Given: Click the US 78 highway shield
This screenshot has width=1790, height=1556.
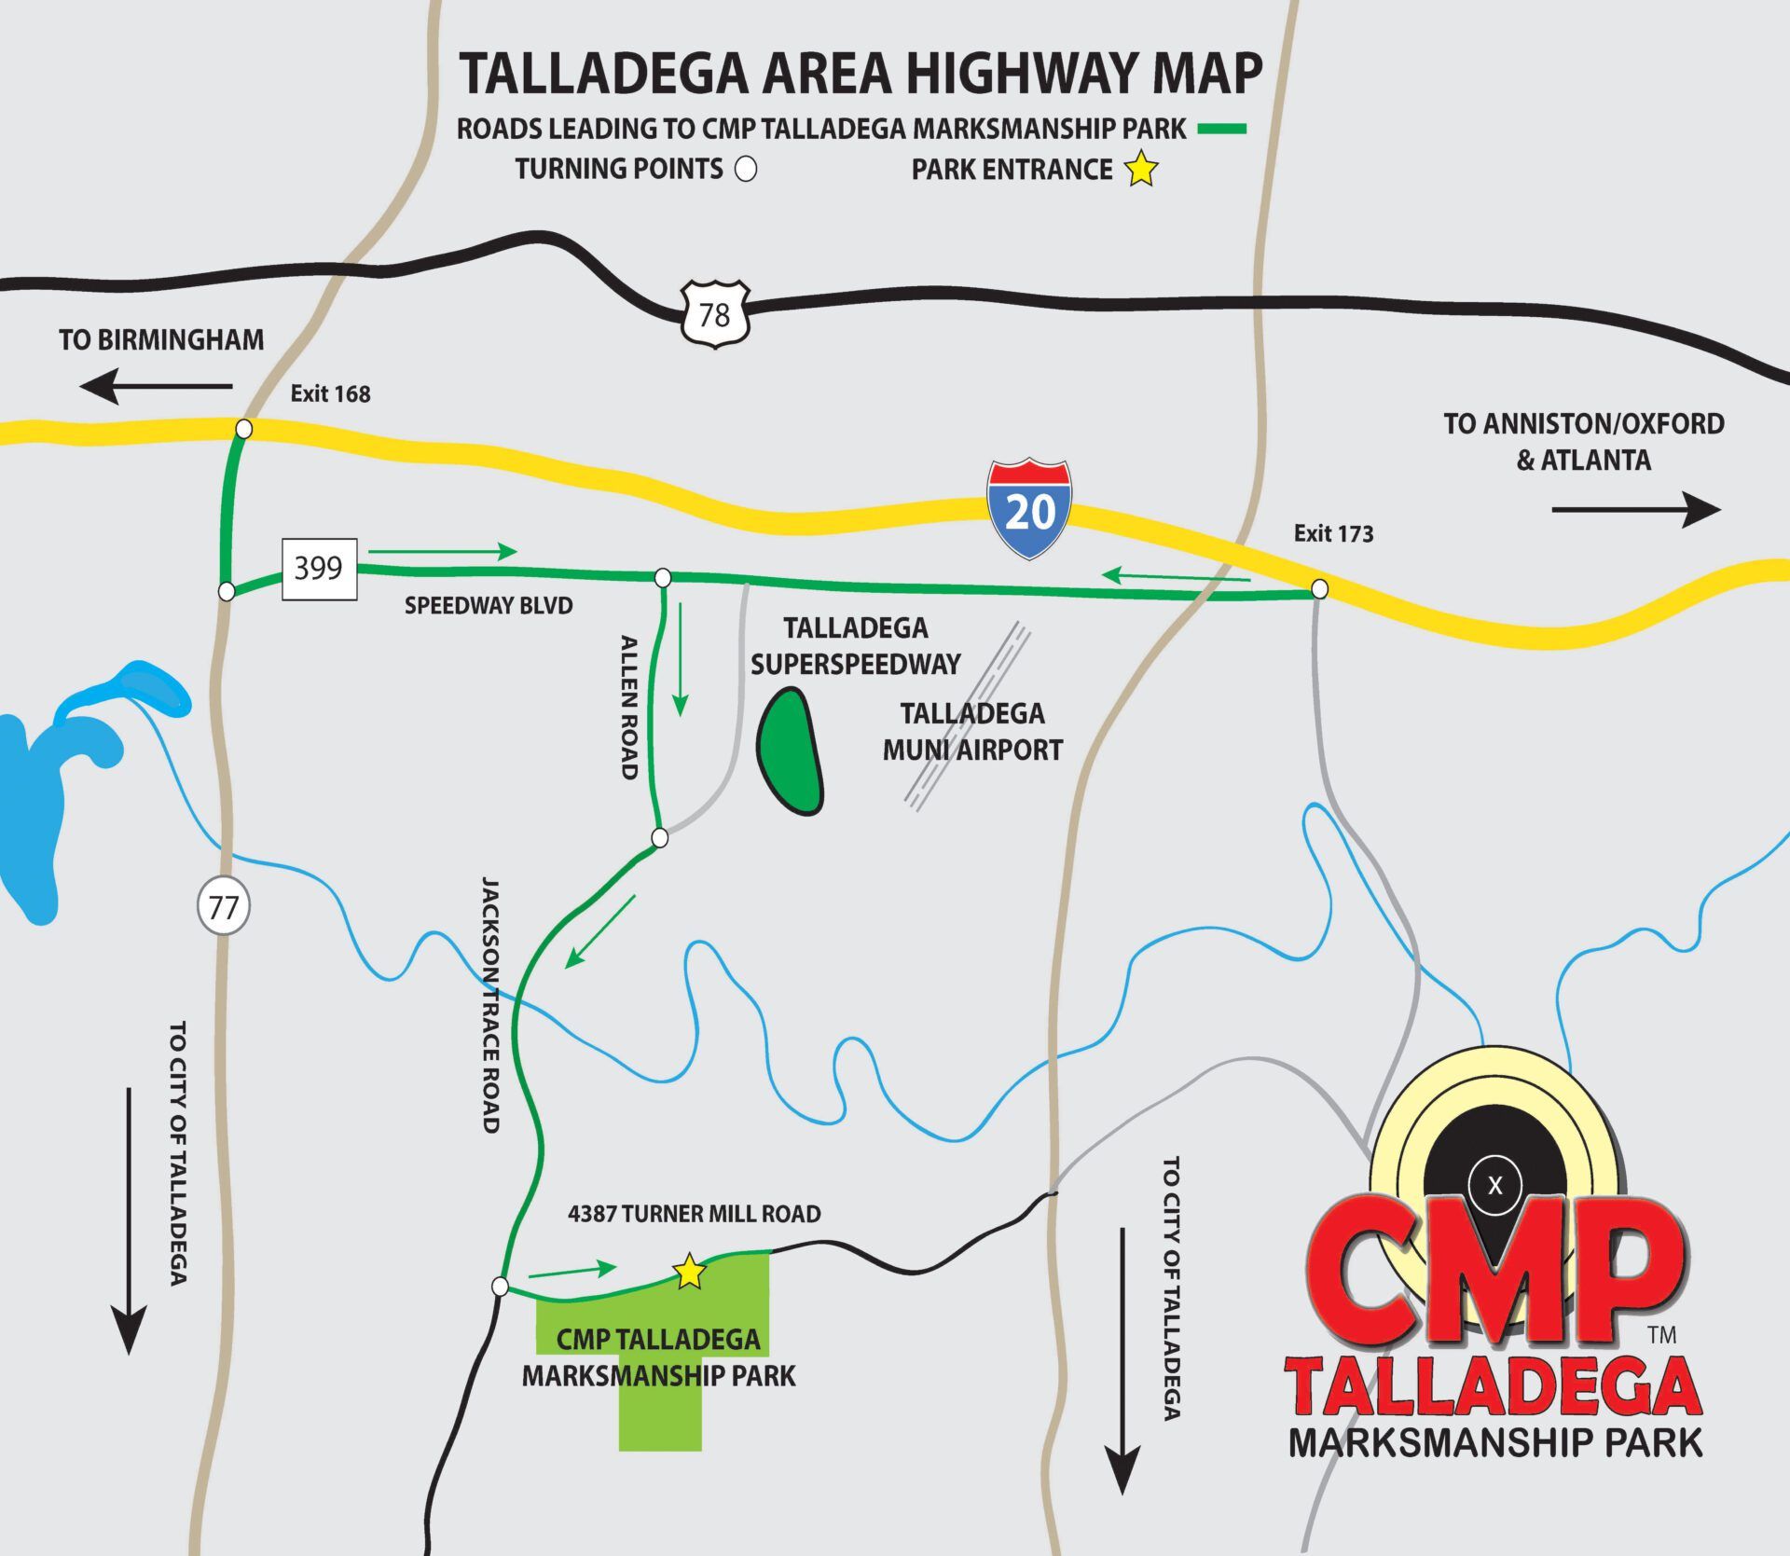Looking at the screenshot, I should (x=714, y=314).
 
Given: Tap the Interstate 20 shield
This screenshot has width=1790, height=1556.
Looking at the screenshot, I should (x=1029, y=509).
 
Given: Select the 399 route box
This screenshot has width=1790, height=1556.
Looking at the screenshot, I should (x=319, y=569).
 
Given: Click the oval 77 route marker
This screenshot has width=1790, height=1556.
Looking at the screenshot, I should (x=224, y=905).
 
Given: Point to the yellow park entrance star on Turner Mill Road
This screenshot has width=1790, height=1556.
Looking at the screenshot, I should (x=689, y=1272).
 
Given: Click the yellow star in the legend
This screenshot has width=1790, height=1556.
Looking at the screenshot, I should (x=1141, y=169).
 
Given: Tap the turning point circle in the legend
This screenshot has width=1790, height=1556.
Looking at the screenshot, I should (x=746, y=169).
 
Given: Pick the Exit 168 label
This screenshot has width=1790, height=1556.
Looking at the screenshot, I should (x=330, y=394).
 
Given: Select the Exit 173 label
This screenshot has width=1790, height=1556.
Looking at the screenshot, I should (x=1333, y=533).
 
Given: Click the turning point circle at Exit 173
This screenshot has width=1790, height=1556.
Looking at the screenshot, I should (x=1319, y=589).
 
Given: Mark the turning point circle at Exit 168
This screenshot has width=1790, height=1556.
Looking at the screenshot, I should (x=243, y=429).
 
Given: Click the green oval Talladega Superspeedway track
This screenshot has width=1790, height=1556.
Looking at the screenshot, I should (x=791, y=751).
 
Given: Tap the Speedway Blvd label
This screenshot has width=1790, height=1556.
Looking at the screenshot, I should (x=489, y=606).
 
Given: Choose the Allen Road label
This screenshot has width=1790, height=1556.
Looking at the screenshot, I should (x=629, y=707).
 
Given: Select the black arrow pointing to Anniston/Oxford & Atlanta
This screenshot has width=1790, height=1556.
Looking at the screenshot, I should (x=1635, y=510).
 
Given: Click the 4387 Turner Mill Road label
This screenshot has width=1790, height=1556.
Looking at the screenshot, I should (x=695, y=1214).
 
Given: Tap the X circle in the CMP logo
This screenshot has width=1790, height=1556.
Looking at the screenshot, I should (x=1495, y=1186).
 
